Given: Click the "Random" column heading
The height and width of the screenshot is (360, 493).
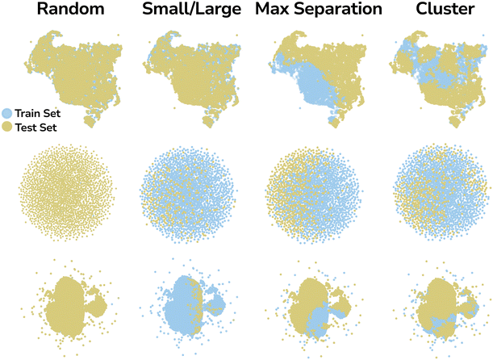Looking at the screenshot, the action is [70, 9].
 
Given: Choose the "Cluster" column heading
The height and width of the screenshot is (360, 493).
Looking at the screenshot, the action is [445, 9].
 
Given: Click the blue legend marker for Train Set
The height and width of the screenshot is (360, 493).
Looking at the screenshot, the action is [7, 113].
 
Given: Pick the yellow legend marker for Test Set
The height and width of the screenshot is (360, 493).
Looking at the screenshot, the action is [7, 128].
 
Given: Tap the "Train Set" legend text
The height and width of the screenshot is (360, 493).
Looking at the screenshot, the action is [37, 113].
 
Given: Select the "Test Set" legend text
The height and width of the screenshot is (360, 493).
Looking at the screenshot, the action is [36, 128].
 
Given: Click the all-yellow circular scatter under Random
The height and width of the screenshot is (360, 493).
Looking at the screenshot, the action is [67, 192].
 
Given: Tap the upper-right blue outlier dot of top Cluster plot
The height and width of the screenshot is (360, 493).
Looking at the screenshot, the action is [483, 36].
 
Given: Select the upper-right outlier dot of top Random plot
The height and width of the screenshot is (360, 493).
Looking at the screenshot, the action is [119, 35].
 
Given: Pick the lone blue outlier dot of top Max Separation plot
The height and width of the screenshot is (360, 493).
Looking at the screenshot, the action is [299, 108].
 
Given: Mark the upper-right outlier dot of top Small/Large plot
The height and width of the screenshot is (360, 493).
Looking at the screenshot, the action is [236, 35].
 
